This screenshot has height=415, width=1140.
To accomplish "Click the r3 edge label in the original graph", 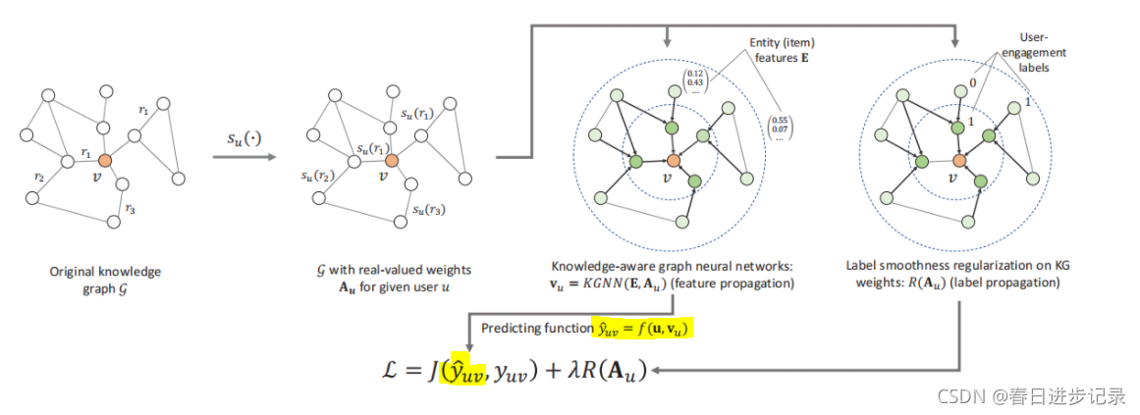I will click(129, 209).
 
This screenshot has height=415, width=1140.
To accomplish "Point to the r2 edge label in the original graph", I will click(38, 178).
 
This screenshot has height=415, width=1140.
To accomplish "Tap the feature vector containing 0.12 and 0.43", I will click(696, 81).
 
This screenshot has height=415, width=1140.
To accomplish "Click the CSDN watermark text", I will click(1032, 396).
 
